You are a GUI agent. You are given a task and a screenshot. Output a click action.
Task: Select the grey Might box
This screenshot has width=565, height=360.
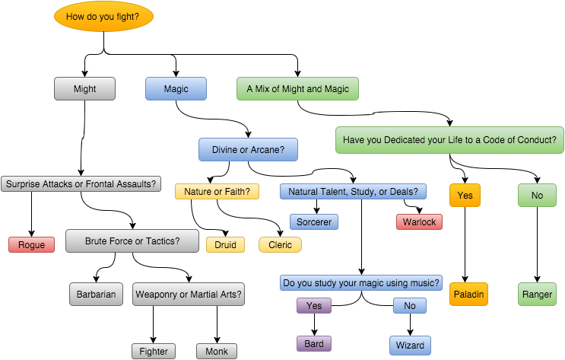point(85,89)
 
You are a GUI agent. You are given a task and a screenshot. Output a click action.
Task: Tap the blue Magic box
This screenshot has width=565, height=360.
point(176,89)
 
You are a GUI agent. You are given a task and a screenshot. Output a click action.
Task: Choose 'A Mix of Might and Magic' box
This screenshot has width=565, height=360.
point(297,89)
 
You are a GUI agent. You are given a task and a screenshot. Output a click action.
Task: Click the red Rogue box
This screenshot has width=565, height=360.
point(31,245)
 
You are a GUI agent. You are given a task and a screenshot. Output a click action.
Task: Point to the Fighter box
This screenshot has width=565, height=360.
point(153,351)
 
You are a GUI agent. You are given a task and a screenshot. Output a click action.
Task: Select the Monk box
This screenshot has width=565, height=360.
point(217,351)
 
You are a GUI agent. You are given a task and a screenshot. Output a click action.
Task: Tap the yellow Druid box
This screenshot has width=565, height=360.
point(226,245)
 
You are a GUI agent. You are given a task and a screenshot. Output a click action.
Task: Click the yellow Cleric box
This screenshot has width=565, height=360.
point(280,245)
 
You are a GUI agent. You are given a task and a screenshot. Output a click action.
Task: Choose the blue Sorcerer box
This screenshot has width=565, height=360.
point(313,222)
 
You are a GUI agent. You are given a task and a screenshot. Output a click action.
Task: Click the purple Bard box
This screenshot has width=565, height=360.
point(314,344)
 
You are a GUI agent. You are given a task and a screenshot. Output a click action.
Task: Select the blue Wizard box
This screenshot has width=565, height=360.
point(410,345)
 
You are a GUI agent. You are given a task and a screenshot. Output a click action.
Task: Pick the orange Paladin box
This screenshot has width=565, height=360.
point(467,293)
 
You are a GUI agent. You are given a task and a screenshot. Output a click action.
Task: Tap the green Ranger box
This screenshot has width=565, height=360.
point(538,293)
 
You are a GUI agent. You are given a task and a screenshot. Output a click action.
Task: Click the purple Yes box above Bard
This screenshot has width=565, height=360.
point(314,306)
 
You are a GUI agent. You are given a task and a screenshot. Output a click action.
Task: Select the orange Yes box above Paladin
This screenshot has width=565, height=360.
point(465,196)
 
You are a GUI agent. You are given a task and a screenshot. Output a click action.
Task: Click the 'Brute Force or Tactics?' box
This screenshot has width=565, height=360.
point(133,241)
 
